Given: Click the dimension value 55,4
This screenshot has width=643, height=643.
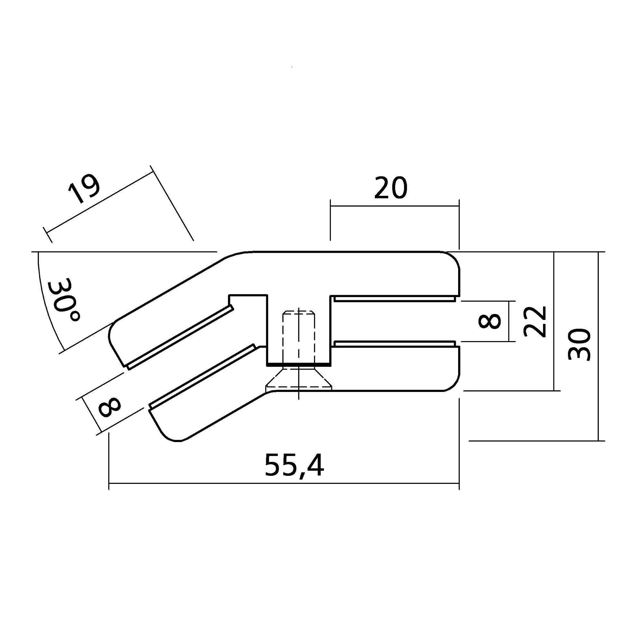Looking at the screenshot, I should point(294,466).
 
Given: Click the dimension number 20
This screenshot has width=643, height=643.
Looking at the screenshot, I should point(391,188).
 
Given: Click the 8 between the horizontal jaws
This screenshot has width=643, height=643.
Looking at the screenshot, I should point(489,321).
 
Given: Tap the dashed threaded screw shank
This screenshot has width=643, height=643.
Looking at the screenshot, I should point(299,336).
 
